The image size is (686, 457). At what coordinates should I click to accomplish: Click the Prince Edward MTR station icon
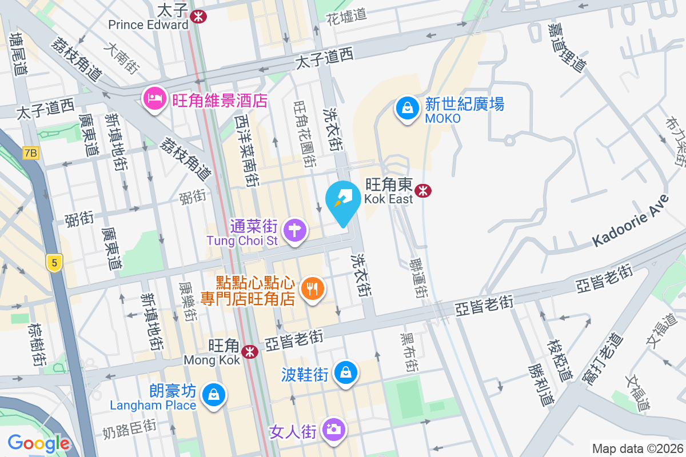199,17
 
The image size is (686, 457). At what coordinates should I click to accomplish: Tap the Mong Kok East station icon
423,191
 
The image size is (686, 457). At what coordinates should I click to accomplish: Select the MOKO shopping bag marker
408,108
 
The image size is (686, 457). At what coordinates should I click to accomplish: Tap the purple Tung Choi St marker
295,231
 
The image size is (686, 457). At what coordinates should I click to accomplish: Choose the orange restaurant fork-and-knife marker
312,288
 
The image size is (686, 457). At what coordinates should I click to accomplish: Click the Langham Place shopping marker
213,395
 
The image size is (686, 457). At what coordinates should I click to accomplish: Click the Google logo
39,443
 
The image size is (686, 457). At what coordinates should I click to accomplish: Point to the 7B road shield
30,153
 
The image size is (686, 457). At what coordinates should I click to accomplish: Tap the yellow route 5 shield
54,263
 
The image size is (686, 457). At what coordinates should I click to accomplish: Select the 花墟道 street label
346,15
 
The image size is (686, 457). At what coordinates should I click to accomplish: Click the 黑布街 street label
408,352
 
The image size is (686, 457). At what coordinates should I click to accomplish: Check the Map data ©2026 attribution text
637,448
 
